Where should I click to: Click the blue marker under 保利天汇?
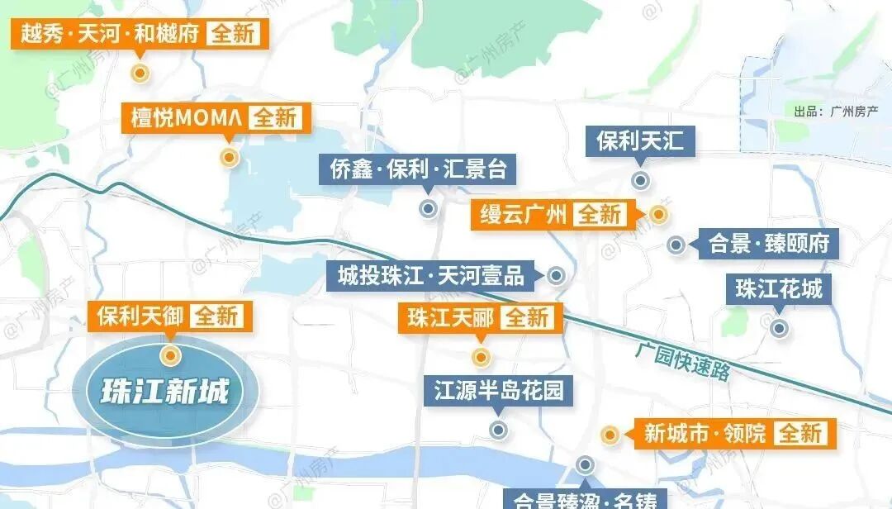[639, 180]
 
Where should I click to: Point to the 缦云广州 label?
[524, 215]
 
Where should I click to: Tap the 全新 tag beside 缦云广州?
[599, 215]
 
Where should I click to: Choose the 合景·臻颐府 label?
[768, 245]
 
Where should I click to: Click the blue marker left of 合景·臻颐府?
[676, 245]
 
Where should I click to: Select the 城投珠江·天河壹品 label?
[431, 275]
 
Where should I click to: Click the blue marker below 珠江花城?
[778, 328]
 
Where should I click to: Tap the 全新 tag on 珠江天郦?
[526, 318]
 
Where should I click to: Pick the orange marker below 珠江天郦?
[481, 358]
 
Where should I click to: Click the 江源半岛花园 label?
[499, 390]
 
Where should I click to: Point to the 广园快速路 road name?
[683, 361]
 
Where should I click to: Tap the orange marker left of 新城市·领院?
[610, 435]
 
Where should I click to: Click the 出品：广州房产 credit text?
[835, 111]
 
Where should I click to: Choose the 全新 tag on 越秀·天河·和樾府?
[235, 35]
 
